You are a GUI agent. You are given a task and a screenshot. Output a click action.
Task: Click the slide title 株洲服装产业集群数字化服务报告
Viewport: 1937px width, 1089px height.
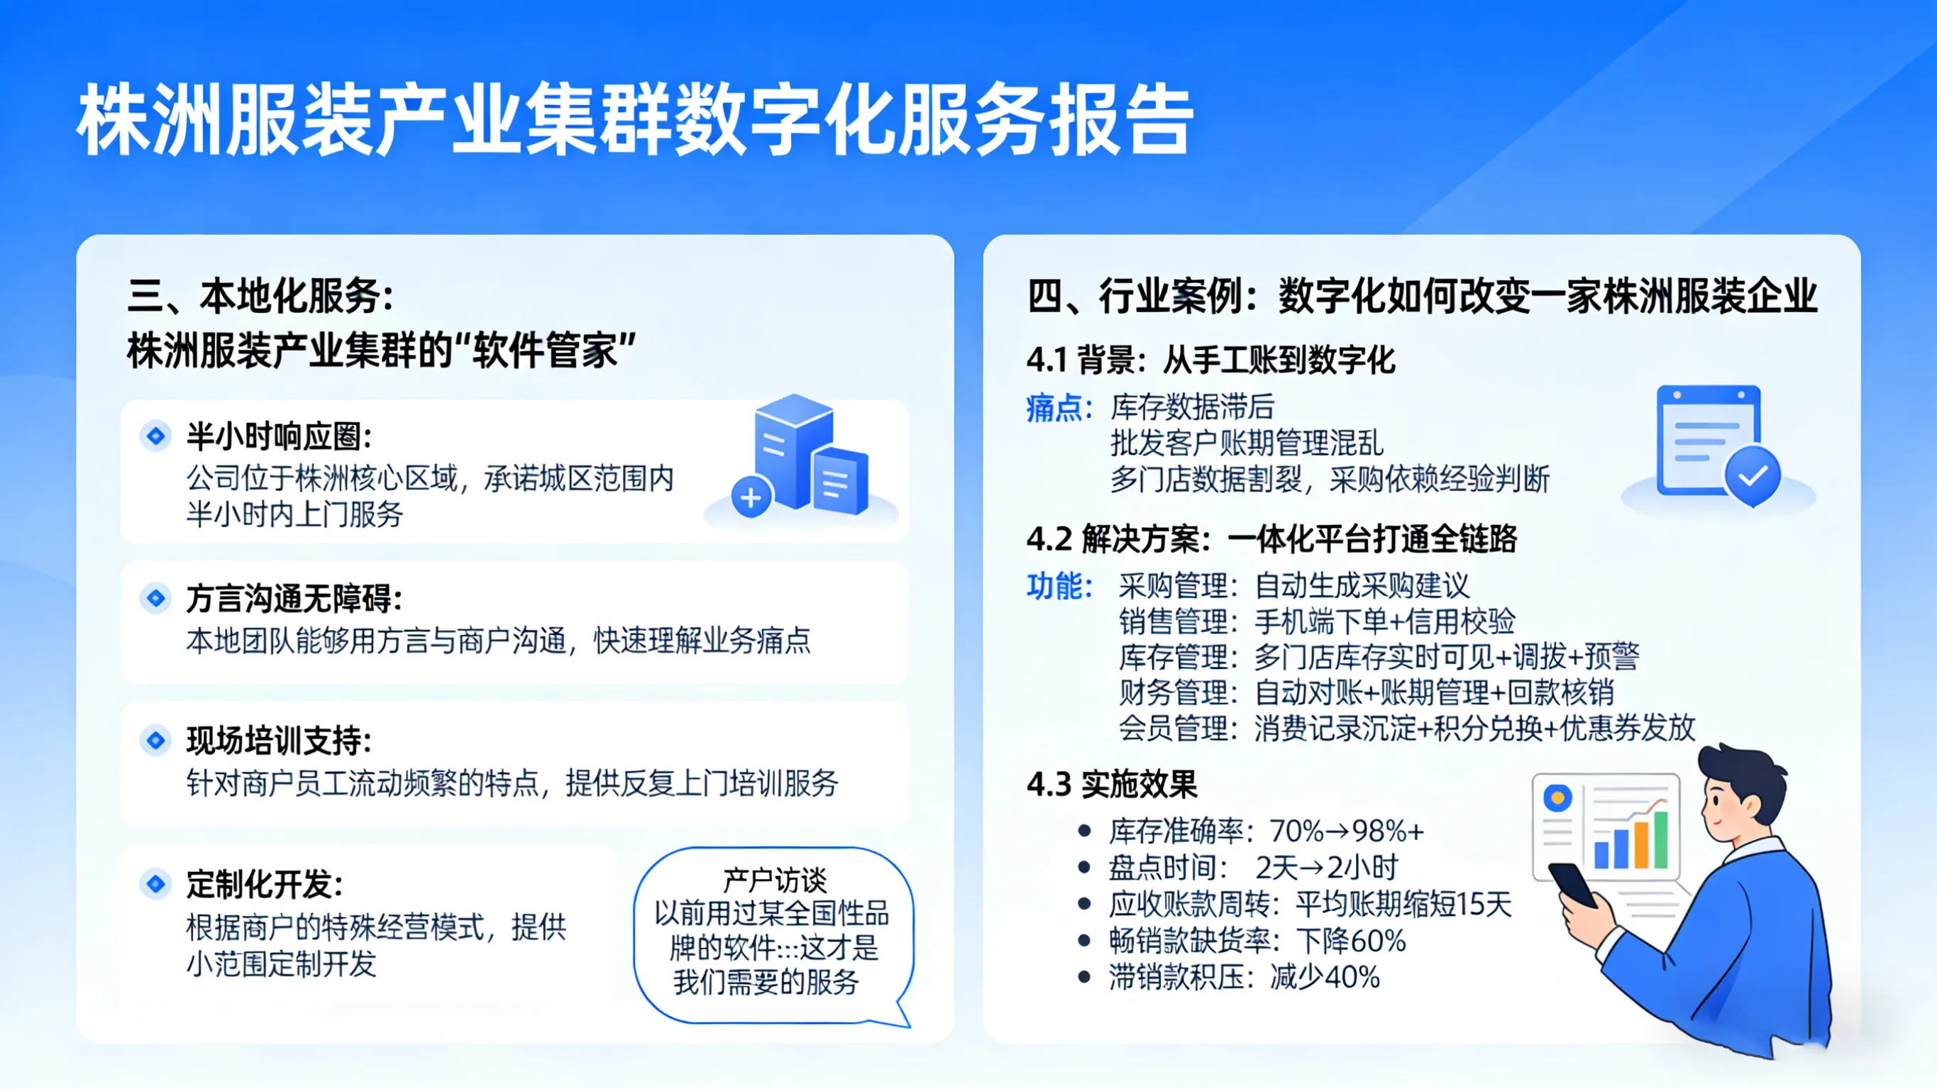pyautogui.click(x=636, y=121)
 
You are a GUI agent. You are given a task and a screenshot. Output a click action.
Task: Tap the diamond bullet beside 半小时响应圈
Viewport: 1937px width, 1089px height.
pyautogui.click(x=155, y=436)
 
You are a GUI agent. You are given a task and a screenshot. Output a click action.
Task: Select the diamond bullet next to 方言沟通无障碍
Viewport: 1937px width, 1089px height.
pyautogui.click(x=155, y=598)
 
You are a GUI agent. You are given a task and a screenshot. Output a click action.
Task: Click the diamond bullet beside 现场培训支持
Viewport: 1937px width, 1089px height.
pyautogui.click(x=155, y=740)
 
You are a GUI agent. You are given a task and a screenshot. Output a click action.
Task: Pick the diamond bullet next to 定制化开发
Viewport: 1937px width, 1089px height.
pyautogui.click(x=155, y=883)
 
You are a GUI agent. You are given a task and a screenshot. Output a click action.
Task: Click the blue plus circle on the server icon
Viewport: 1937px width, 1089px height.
pyautogui.click(x=751, y=497)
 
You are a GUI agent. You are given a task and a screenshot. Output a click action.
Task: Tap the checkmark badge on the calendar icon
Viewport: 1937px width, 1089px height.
pyautogui.click(x=1752, y=475)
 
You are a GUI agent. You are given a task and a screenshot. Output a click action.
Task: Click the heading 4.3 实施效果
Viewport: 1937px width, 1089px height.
pyautogui.click(x=1111, y=785)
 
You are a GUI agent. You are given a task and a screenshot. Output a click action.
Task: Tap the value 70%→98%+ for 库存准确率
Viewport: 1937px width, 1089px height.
pyautogui.click(x=1346, y=831)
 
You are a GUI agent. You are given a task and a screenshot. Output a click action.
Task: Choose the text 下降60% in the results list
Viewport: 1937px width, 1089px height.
pyautogui.click(x=1350, y=941)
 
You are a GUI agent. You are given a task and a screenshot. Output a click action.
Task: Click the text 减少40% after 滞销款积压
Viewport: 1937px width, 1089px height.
pyautogui.click(x=1325, y=977)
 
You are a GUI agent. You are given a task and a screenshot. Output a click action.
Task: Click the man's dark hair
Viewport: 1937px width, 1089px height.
pyautogui.click(x=1745, y=775)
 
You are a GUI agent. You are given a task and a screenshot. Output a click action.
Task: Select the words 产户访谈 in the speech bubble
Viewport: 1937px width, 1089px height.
pyautogui.click(x=774, y=880)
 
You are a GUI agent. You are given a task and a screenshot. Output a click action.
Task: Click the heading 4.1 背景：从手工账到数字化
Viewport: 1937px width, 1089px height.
pyautogui.click(x=1210, y=360)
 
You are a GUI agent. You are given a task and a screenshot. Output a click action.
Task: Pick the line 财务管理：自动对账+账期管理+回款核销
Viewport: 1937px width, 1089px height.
pyautogui.click(x=1367, y=692)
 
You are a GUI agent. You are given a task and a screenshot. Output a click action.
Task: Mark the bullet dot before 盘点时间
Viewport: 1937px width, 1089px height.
pyautogui.click(x=1083, y=868)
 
